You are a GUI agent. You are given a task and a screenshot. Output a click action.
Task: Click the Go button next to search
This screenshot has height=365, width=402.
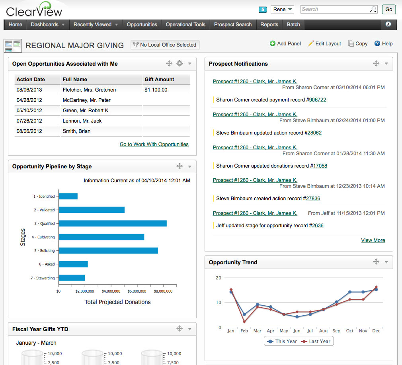(388, 9)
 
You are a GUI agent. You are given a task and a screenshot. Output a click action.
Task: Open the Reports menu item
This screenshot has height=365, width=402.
(269, 25)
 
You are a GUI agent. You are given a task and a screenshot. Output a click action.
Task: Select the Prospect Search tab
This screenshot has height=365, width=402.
(233, 25)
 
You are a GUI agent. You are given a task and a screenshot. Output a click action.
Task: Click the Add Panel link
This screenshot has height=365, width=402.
(285, 44)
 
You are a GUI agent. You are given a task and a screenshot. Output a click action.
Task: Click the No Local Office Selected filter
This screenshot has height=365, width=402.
(165, 45)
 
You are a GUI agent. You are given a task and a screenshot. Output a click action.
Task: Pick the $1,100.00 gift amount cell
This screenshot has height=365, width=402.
(156, 90)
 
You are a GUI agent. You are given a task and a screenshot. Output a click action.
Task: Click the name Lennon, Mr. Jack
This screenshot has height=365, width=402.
(82, 121)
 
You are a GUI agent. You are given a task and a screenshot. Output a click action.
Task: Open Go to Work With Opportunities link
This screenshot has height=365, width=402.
(154, 144)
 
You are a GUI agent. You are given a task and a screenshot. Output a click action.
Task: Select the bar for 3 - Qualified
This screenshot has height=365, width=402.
(113, 224)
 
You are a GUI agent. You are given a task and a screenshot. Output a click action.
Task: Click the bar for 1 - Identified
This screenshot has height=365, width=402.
(68, 196)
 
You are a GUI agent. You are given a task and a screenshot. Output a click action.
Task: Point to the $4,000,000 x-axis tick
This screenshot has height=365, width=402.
(111, 291)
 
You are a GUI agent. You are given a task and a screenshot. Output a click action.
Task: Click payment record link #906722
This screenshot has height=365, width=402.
(317, 100)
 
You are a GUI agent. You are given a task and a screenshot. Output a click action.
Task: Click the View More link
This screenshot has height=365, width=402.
(373, 240)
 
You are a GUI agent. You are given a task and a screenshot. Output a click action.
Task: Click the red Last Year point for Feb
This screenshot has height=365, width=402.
(244, 322)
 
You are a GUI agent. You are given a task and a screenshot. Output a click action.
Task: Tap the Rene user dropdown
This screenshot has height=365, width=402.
(282, 9)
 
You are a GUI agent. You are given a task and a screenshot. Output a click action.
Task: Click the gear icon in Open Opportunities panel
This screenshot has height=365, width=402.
(180, 63)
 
